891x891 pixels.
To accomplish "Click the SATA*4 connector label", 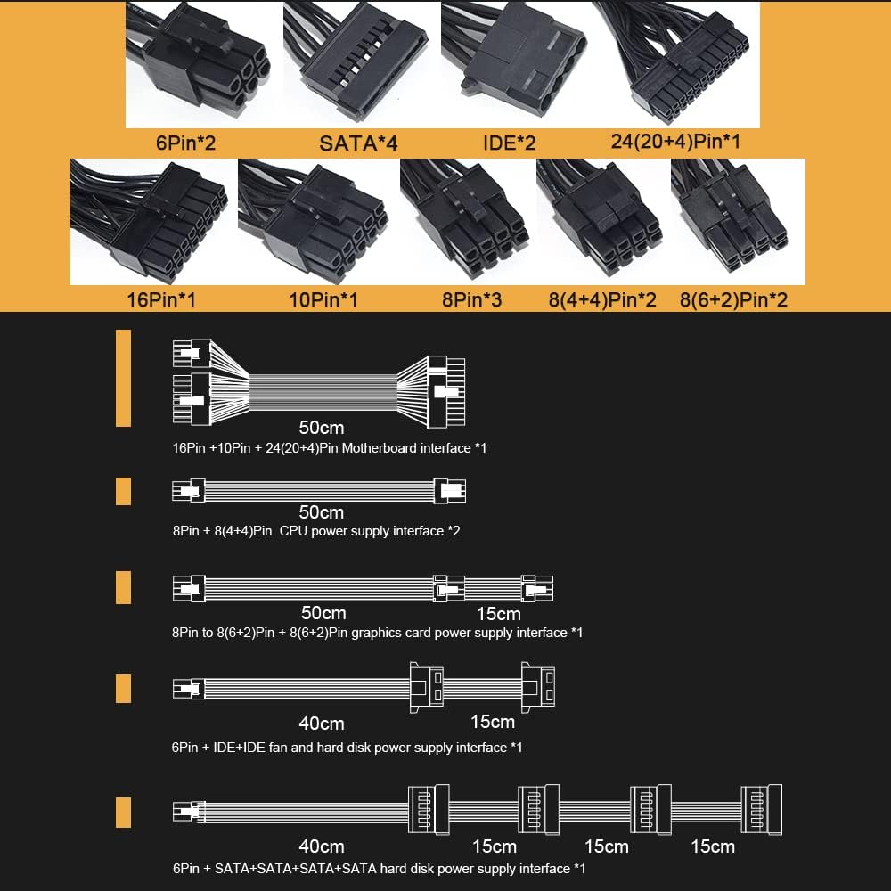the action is click(x=358, y=142).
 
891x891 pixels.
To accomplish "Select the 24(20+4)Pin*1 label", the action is click(x=675, y=141).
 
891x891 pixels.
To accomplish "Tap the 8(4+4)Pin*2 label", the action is click(x=602, y=299).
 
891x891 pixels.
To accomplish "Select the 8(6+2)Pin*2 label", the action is click(x=733, y=299).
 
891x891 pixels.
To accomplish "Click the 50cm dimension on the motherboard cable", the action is click(x=322, y=428).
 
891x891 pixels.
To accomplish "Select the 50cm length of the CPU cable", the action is click(x=322, y=512).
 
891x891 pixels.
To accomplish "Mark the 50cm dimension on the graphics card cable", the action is click(x=323, y=613).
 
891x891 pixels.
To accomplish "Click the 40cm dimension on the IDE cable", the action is click(x=321, y=723).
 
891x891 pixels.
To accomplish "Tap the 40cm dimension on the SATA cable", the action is click(x=321, y=846).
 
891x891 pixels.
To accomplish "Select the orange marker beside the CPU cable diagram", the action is click(x=123, y=491).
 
